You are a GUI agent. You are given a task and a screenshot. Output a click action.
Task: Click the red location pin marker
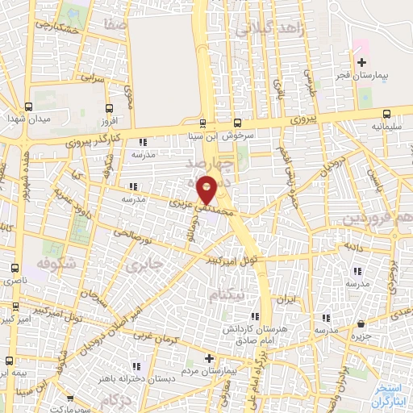click(207, 192)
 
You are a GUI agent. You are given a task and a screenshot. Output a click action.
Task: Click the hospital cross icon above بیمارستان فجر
click(361, 62)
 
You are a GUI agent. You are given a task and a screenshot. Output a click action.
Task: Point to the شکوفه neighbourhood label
click(56, 263)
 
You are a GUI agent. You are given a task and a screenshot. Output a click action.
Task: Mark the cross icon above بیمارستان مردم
click(209, 357)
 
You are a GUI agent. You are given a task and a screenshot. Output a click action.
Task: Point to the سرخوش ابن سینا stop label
click(227, 136)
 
